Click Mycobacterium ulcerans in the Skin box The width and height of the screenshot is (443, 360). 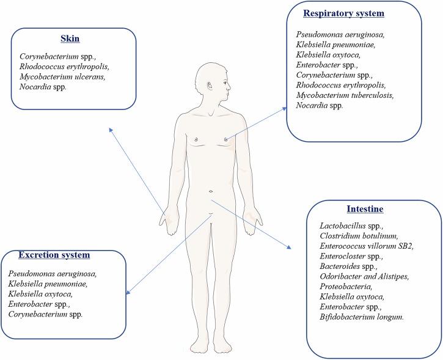56,78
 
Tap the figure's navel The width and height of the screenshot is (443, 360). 211,191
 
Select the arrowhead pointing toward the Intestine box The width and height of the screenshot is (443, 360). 289,247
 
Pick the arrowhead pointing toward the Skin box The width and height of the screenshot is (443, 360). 110,129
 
